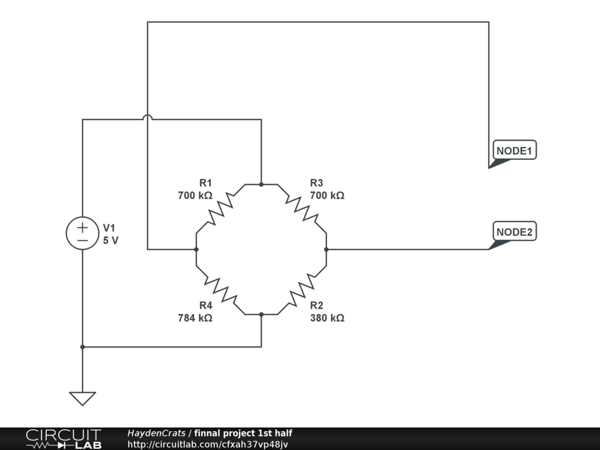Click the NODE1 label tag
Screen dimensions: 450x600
click(x=514, y=151)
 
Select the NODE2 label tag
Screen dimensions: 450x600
click(x=514, y=232)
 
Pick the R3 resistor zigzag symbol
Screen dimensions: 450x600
click(x=302, y=210)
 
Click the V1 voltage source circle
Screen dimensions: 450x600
click(x=83, y=233)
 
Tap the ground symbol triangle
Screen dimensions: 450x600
click(x=83, y=398)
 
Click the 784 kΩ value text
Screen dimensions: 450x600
click(x=195, y=318)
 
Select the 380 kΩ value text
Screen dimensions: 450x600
click(x=327, y=318)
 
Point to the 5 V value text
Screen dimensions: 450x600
click(x=110, y=240)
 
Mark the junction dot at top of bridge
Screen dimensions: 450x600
click(x=261, y=184)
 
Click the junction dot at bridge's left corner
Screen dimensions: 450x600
click(x=196, y=250)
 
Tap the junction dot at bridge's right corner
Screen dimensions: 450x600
click(x=326, y=250)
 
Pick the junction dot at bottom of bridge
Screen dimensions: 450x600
click(x=261, y=315)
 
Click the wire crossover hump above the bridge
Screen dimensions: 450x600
click(x=148, y=118)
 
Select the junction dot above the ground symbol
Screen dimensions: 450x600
click(x=83, y=347)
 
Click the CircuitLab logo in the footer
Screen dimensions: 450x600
click(x=63, y=439)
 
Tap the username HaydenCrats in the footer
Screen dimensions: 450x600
click(x=156, y=433)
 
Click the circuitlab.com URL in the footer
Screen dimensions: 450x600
click(x=207, y=444)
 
